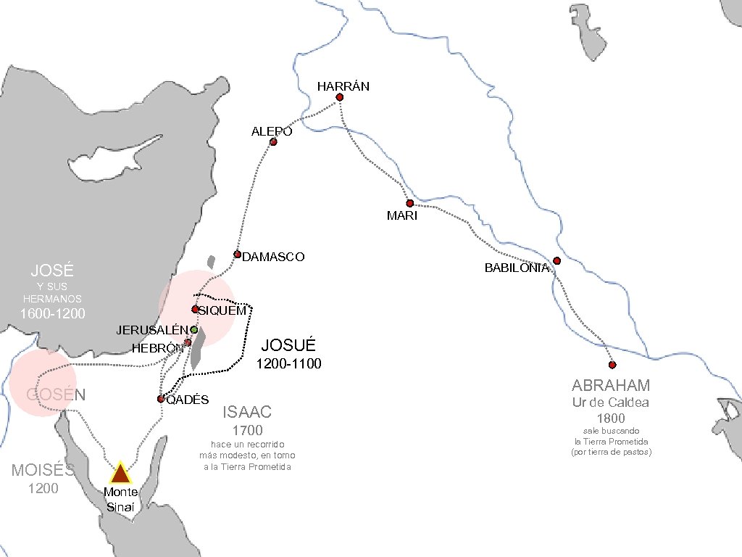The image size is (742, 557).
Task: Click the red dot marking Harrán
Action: coord(339,97)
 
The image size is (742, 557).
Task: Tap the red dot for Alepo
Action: coord(273,141)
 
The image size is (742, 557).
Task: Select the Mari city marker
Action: coord(409,203)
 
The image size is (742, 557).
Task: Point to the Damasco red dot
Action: coord(237,254)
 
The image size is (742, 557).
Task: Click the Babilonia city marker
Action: coord(556,260)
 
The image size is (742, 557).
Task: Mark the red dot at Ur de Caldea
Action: coord(612,365)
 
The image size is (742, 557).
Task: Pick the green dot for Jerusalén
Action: coord(194,329)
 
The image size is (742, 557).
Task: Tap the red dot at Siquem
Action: coord(195,310)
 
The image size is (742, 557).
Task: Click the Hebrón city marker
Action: coord(188,342)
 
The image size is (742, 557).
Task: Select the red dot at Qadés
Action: coord(161,399)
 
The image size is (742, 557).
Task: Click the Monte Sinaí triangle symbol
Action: coord(120,474)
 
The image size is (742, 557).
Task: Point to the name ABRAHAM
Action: coord(611,385)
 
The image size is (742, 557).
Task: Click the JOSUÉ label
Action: coord(289,345)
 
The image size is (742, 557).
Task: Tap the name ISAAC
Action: coord(247,413)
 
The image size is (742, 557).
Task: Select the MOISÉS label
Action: coord(43,470)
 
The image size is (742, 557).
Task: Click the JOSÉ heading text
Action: coord(52,271)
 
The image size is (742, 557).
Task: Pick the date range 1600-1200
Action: coord(52,314)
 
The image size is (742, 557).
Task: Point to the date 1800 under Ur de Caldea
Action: coord(611,418)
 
